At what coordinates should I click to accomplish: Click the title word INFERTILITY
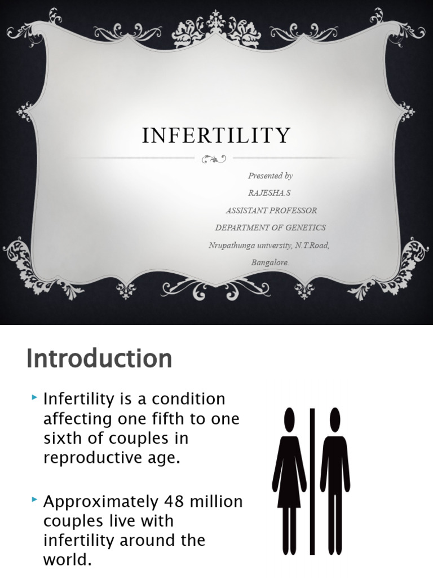(216, 135)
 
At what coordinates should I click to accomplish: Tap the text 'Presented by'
(270, 176)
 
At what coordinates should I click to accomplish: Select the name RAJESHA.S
(270, 192)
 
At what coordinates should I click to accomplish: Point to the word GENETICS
(306, 227)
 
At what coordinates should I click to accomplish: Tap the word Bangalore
(270, 262)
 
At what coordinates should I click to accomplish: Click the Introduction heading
(99, 359)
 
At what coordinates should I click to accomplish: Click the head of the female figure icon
(290, 419)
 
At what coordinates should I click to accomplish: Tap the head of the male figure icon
(335, 419)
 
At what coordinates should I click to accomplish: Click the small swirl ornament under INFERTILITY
(214, 159)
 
